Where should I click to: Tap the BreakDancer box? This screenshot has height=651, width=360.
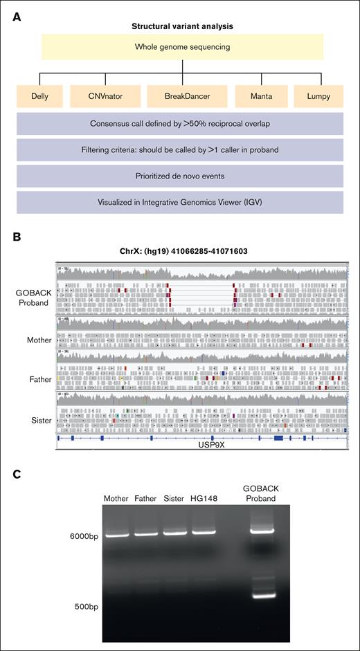[183, 96]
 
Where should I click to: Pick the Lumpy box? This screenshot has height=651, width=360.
[318, 96]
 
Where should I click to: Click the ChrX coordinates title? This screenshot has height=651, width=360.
[183, 251]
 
